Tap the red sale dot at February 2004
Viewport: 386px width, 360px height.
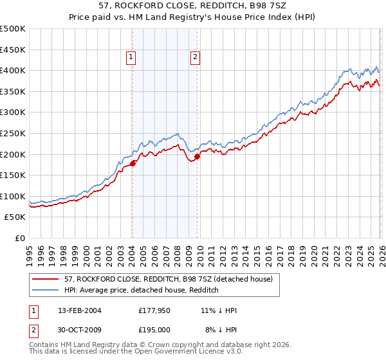(x=133, y=163)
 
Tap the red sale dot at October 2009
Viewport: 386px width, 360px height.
(x=198, y=156)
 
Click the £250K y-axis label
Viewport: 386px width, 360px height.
(x=13, y=133)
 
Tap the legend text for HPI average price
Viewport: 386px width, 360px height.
(x=142, y=290)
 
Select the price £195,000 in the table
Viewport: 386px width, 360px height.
(x=154, y=330)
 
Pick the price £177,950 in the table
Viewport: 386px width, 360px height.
(x=154, y=310)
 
